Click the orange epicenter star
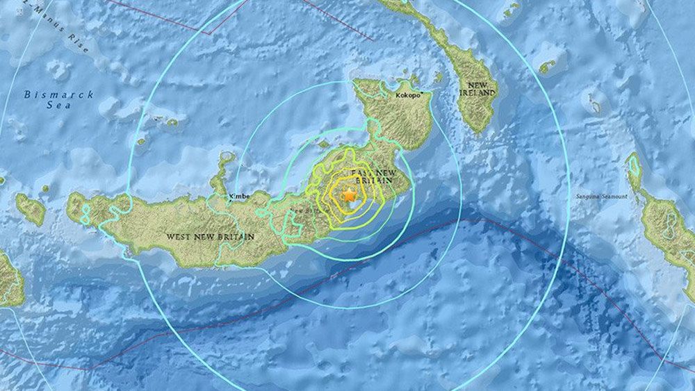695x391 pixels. coord(349,196)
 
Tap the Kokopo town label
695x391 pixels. coord(409,94)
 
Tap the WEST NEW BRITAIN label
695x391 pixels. coord(210,237)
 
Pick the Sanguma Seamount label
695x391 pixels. coord(601,197)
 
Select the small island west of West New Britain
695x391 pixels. coord(31,208)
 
